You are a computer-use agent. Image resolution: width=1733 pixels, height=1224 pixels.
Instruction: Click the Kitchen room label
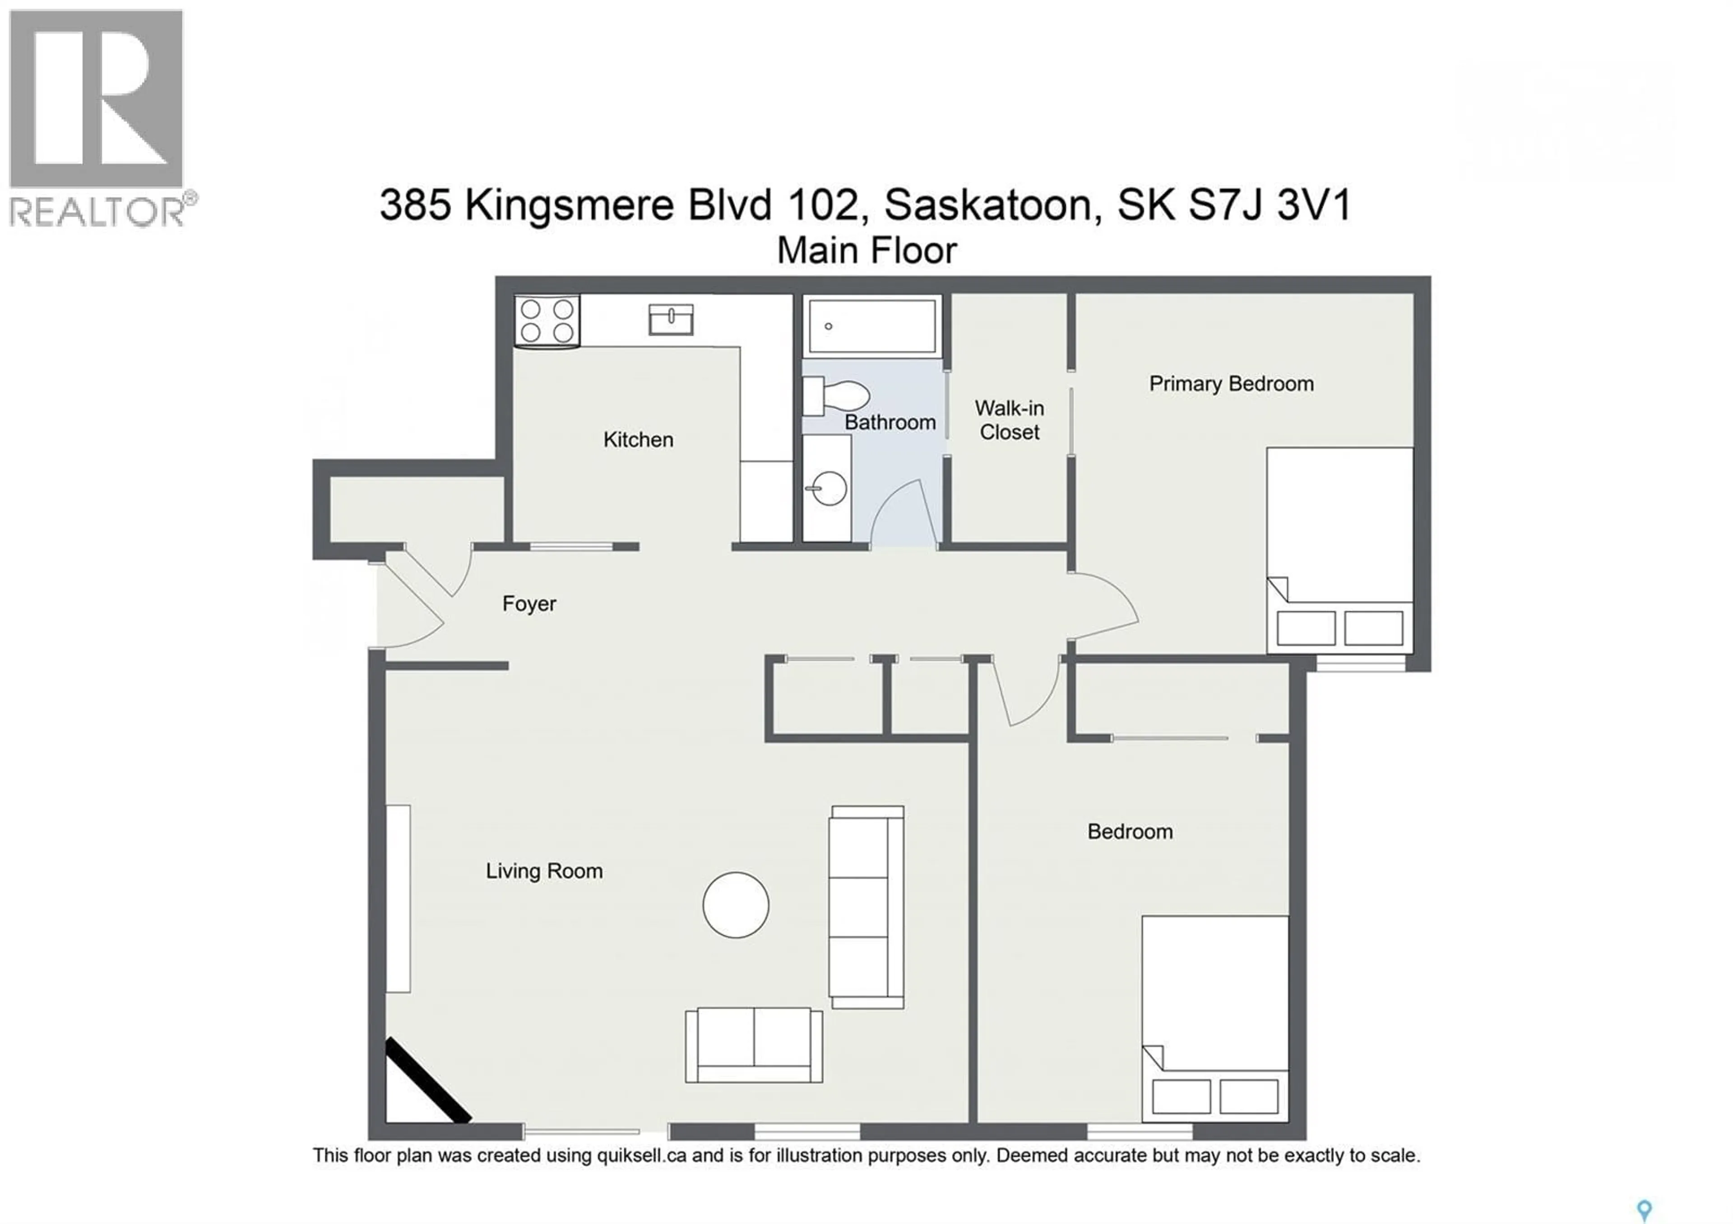638,439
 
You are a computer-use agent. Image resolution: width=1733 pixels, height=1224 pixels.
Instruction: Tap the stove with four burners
547,321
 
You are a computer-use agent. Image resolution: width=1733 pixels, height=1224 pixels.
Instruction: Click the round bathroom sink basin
829,488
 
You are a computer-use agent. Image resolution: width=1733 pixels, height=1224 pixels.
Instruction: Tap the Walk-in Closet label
1009,420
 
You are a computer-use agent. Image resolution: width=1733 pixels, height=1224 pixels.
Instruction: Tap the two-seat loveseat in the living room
753,1045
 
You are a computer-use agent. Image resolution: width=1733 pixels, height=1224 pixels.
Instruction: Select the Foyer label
528,604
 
